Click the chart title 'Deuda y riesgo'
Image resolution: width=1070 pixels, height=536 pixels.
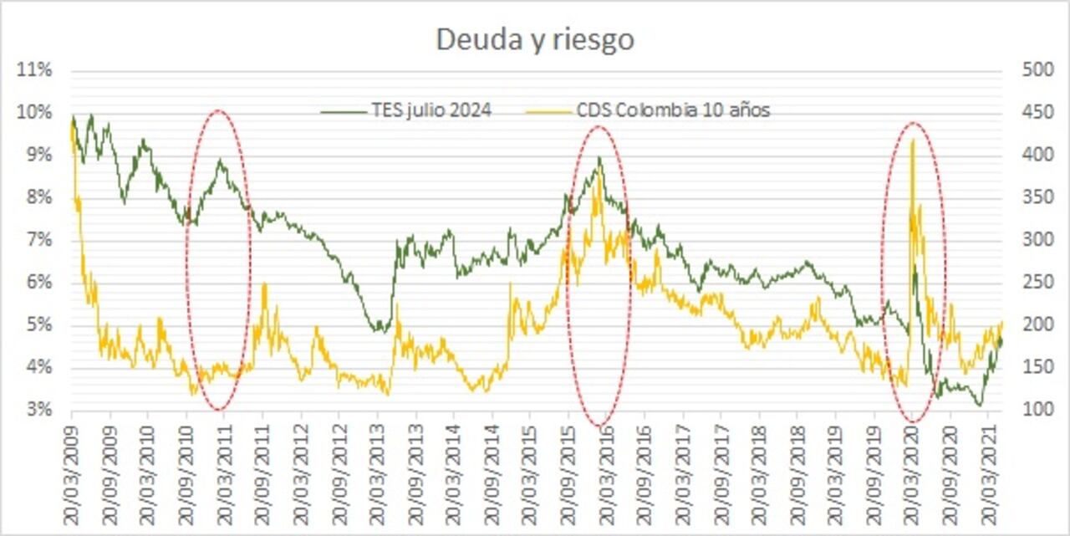535,40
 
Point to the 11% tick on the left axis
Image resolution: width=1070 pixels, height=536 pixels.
34,70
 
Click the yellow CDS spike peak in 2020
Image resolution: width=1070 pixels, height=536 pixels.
912,140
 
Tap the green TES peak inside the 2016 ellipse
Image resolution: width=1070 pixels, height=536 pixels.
599,157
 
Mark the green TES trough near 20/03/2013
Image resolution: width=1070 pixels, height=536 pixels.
378,330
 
